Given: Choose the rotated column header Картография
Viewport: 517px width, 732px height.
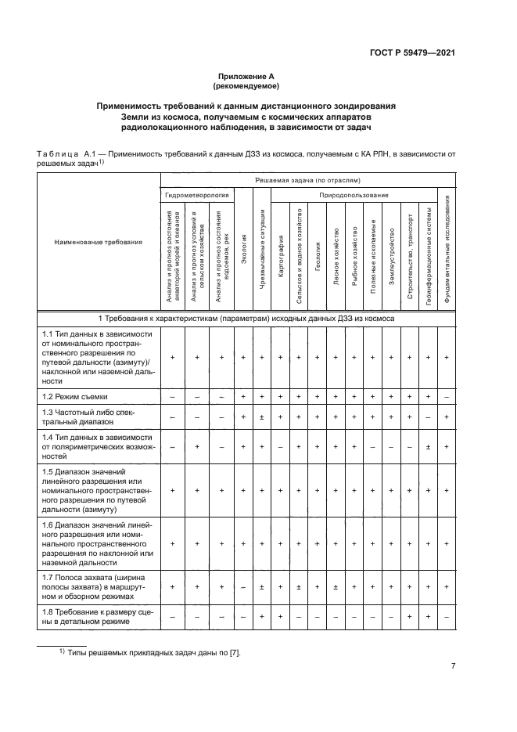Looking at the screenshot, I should click(x=279, y=243).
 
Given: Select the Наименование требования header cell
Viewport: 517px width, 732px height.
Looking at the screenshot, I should click(x=99, y=242).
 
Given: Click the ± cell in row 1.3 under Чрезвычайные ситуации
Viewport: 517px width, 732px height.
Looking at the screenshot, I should click(x=262, y=417).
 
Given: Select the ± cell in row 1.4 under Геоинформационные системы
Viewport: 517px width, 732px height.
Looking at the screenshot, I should click(x=428, y=446).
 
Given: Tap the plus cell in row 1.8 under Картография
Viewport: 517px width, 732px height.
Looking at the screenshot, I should click(x=280, y=617).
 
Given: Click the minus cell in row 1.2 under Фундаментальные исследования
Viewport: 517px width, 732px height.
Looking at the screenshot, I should click(x=446, y=398).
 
